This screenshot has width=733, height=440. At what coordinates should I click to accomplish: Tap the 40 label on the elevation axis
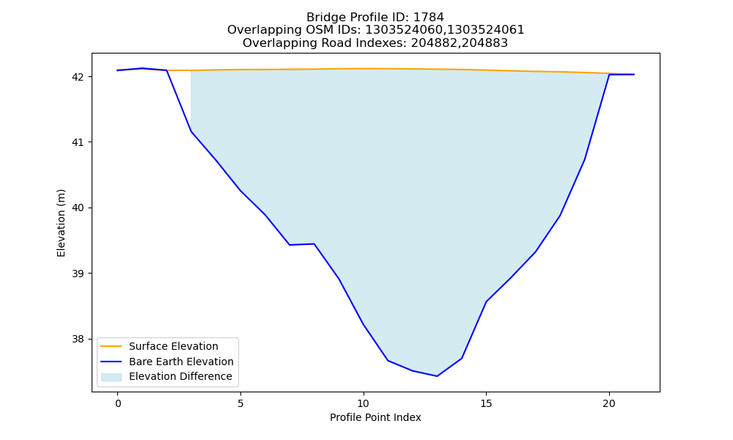tap(78, 208)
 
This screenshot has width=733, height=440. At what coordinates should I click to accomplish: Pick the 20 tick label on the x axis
tap(609, 403)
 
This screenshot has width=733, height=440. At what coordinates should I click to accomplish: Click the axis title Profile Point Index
tap(375, 417)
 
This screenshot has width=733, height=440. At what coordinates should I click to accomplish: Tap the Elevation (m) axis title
tap(62, 223)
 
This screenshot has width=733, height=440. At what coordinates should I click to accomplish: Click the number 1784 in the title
tap(429, 18)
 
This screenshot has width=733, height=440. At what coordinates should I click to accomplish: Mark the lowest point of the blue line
tap(437, 376)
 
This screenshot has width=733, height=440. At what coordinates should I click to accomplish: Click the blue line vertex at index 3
tap(191, 131)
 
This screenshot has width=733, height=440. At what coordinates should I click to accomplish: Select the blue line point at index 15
tap(486, 301)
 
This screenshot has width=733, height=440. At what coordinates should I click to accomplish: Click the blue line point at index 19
tap(585, 159)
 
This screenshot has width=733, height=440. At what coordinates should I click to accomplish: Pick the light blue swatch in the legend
tap(111, 377)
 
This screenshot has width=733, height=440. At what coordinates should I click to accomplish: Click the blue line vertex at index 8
tap(314, 243)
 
